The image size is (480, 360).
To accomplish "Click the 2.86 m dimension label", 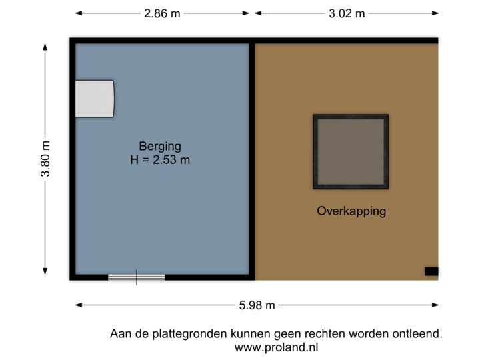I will coord(162,13).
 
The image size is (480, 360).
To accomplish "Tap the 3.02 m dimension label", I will coord(346,13).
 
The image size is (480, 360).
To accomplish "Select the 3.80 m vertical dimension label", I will coord(45,159).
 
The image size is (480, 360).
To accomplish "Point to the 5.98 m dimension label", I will coord(257,305).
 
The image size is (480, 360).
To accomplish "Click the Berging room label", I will coord(160,146).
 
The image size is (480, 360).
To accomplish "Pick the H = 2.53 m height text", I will coord(160,160).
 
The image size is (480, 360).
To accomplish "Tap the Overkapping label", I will coord(351,211).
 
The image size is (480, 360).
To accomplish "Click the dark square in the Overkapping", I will coord(351,151).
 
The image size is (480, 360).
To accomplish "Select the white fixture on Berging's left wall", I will coord(94,99).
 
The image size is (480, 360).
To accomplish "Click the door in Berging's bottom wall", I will coord(137,277).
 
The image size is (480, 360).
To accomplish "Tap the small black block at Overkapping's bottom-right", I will coord(432,271).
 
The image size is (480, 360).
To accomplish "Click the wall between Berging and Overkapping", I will coord(252,160).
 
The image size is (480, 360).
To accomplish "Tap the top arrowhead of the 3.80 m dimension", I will coord(45,47).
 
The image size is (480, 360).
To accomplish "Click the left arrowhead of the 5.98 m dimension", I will coord(77,305).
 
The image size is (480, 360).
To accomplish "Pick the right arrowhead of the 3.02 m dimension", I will coord(437,13).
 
